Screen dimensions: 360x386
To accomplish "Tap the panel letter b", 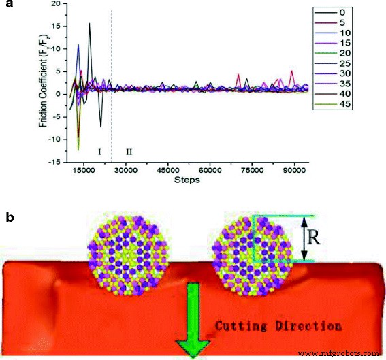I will [8, 218].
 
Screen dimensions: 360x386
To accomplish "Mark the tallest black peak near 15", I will [89, 24].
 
